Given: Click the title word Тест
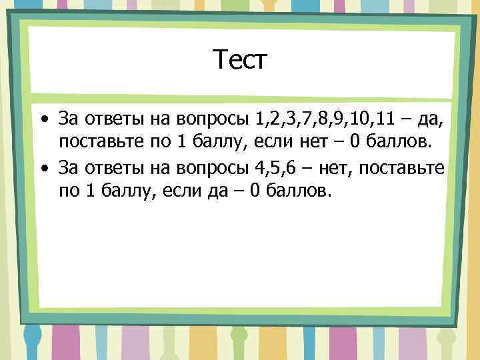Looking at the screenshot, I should pos(240,61).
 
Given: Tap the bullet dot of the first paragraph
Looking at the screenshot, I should pos(43,121).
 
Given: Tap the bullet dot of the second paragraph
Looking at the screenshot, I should pos(43,168).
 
